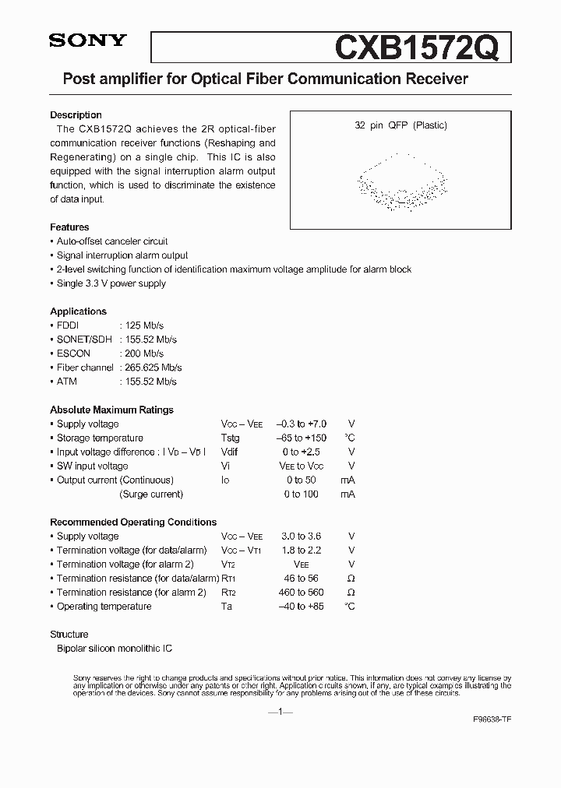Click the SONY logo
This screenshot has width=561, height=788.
87,41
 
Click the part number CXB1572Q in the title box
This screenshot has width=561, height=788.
422,49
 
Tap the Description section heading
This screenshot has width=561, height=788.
76,115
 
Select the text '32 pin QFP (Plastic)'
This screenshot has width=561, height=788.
401,125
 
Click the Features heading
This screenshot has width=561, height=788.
69,227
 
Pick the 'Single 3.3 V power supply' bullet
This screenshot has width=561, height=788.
111,283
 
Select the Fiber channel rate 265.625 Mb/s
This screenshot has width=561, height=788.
151,368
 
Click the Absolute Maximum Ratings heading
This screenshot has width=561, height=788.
111,410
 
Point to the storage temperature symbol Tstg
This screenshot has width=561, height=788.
231,438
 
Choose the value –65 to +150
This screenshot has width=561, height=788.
301,438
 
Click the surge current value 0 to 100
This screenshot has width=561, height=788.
302,494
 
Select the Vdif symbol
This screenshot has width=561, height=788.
231,452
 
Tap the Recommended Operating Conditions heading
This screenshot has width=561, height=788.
133,522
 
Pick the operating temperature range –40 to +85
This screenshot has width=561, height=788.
301,607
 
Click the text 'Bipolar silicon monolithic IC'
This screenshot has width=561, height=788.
115,649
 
